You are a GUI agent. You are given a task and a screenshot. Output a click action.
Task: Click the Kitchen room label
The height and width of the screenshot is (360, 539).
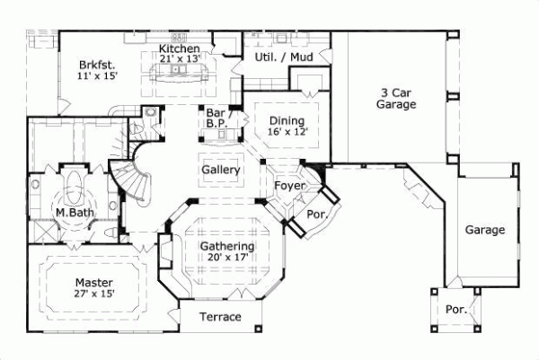point(178,48)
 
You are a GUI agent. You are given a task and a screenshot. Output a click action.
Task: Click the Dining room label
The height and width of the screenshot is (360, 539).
point(287,121)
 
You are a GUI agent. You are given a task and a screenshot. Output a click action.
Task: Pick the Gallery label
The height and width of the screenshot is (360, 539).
point(219,170)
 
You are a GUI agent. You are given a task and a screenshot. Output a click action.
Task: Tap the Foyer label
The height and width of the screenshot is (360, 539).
point(290,187)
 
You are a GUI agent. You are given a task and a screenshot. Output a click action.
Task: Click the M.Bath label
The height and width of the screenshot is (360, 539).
point(70,213)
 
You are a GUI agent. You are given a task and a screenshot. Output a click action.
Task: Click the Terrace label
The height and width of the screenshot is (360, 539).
point(219,317)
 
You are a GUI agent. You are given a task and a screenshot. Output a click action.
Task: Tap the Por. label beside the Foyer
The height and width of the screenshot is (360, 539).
point(316,215)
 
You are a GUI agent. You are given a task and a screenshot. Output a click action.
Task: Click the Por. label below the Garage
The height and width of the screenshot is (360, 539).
point(455,310)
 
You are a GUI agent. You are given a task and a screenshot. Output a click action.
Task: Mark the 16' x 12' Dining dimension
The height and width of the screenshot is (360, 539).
point(287,132)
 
